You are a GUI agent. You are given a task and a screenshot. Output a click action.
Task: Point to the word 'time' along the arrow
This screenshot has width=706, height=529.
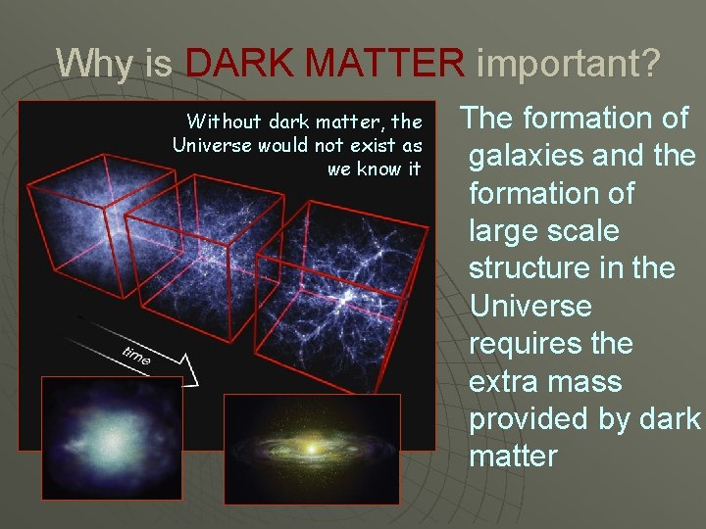pos(136,357)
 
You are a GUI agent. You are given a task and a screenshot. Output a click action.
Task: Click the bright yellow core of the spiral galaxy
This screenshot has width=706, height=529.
pos(312,449)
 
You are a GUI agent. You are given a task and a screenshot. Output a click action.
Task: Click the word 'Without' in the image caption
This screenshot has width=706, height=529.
pos(223,122)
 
